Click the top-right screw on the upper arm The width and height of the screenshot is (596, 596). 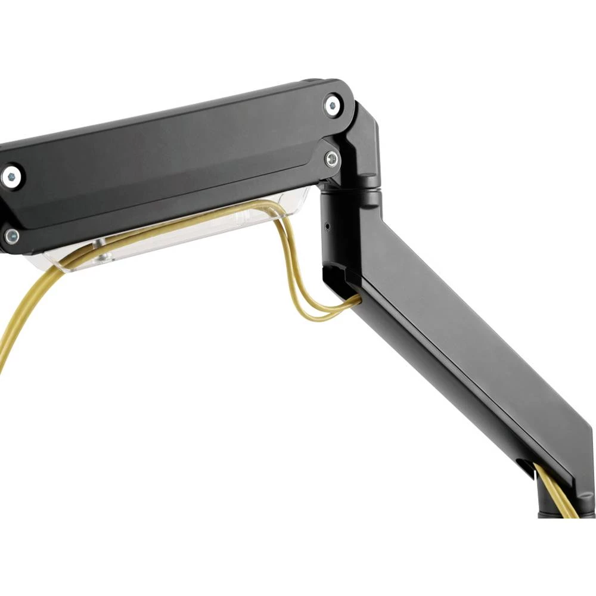[x=332, y=106]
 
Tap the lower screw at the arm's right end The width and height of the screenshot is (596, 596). [x=331, y=158]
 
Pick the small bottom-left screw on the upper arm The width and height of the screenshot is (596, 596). [x=11, y=235]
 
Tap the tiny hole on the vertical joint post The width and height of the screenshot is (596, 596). [x=327, y=226]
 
